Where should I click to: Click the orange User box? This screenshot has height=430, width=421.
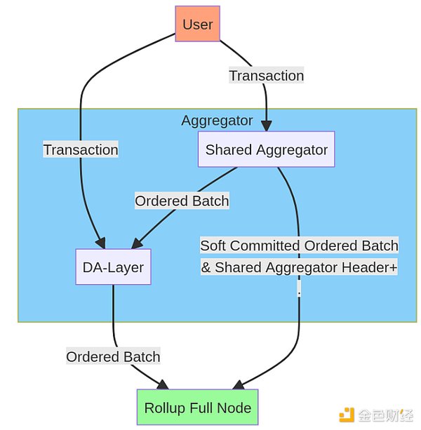tap(197, 25)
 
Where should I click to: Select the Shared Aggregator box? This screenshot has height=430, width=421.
tap(266, 149)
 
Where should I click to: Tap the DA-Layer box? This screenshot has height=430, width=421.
tap(113, 267)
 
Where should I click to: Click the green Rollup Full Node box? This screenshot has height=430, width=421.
tap(197, 408)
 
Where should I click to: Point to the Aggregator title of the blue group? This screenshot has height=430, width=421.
tap(217, 120)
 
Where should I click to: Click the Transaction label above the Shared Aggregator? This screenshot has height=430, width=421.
tap(266, 75)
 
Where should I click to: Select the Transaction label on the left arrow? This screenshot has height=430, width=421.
tap(81, 149)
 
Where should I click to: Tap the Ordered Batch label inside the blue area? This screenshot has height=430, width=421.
tap(182, 201)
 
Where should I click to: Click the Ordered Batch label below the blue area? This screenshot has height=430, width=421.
tap(113, 356)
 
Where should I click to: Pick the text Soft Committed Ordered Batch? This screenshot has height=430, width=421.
tap(299, 246)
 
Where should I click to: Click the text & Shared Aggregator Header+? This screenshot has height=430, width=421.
tap(299, 267)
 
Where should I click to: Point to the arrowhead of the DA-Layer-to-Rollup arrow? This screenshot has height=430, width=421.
tap(163, 385)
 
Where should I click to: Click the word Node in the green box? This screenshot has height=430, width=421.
tap(234, 408)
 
